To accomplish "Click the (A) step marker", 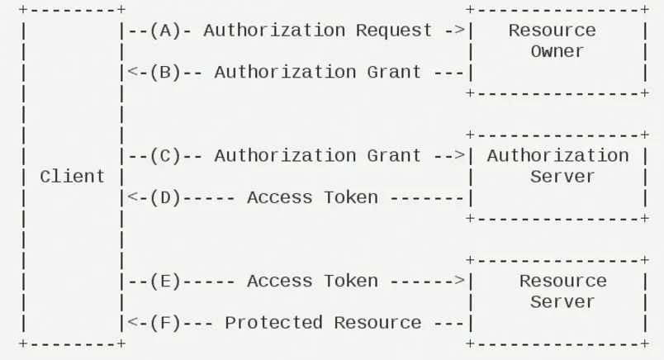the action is click(165, 31).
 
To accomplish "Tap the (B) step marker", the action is click(165, 73).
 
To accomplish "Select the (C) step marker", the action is click(165, 156).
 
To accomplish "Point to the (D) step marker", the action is click(165, 198).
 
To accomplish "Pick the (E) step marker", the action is click(165, 282).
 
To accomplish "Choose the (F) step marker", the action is click(165, 323).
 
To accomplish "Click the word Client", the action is click(72, 177).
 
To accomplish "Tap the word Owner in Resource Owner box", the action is click(557, 52).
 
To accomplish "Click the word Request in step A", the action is click(394, 31).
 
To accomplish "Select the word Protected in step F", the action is click(273, 323).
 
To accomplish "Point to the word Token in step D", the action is click(351, 198).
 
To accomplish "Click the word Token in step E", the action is click(351, 282).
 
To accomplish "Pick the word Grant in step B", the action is click(394, 73).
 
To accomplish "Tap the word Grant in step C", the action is click(394, 156).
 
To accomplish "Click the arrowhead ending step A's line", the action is click(460, 31).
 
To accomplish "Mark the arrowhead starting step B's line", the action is click(133, 72).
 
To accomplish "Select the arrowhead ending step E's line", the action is click(460, 281).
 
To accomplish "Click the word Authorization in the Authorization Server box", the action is click(557, 156).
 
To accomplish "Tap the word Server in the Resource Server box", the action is click(562, 302).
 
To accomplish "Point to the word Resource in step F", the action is click(377, 323).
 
